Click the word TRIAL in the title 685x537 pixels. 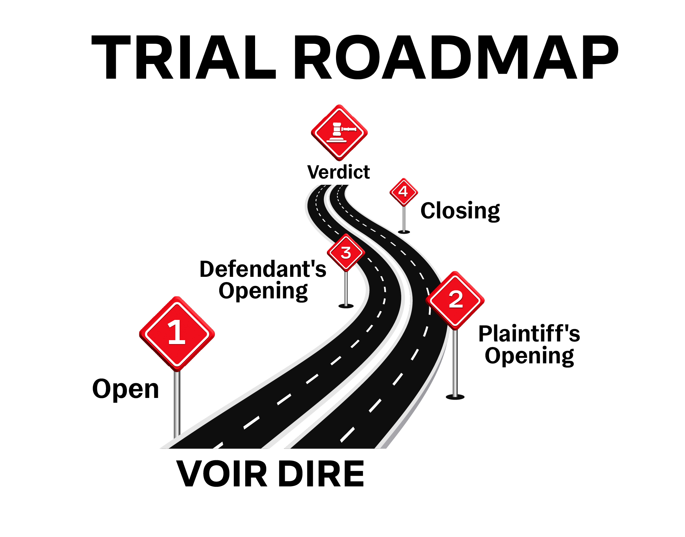[184, 57]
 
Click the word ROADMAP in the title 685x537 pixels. [456, 57]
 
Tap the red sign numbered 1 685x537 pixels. [177, 333]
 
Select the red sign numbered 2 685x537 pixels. [455, 300]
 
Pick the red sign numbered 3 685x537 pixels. [346, 253]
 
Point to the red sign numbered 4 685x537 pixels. [404, 192]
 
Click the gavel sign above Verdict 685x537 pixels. [339, 133]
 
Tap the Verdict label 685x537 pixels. [339, 172]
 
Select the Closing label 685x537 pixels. [460, 212]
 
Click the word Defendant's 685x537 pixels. [263, 269]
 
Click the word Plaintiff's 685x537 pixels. [529, 334]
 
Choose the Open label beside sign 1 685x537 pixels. [126, 389]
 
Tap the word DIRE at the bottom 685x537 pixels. [321, 474]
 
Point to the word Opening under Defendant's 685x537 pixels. [263, 292]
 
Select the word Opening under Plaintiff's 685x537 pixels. [529, 356]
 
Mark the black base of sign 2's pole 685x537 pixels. [455, 397]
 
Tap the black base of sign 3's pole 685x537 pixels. [346, 306]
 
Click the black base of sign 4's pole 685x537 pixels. [404, 232]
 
